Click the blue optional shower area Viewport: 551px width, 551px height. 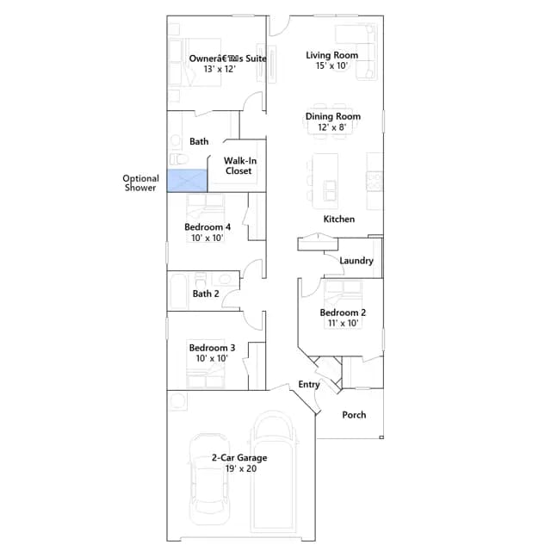tap(187, 181)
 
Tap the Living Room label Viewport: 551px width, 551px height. tap(331, 55)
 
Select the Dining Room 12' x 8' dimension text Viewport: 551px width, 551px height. tap(331, 127)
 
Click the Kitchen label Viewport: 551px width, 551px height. tap(338, 219)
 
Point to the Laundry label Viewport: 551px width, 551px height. tap(356, 261)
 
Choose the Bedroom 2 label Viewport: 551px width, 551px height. tap(343, 313)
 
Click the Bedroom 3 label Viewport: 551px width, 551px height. tap(212, 348)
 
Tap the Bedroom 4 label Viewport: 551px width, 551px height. tap(207, 226)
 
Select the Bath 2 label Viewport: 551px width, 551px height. tap(206, 294)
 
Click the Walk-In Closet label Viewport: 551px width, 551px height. tap(239, 166)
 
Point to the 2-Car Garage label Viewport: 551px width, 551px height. tap(239, 458)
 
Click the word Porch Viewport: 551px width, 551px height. tap(354, 415)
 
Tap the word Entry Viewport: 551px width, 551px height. tap(309, 385)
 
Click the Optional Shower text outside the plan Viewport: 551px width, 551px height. tap(140, 183)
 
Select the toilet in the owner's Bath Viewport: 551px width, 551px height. tap(179, 159)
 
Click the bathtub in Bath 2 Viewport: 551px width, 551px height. tap(179, 291)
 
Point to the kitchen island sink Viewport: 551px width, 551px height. tap(330, 190)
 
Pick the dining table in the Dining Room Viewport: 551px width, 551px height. tap(331, 121)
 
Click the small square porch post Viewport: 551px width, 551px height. tap(381, 437)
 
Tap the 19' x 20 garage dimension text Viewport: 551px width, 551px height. tap(241, 468)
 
